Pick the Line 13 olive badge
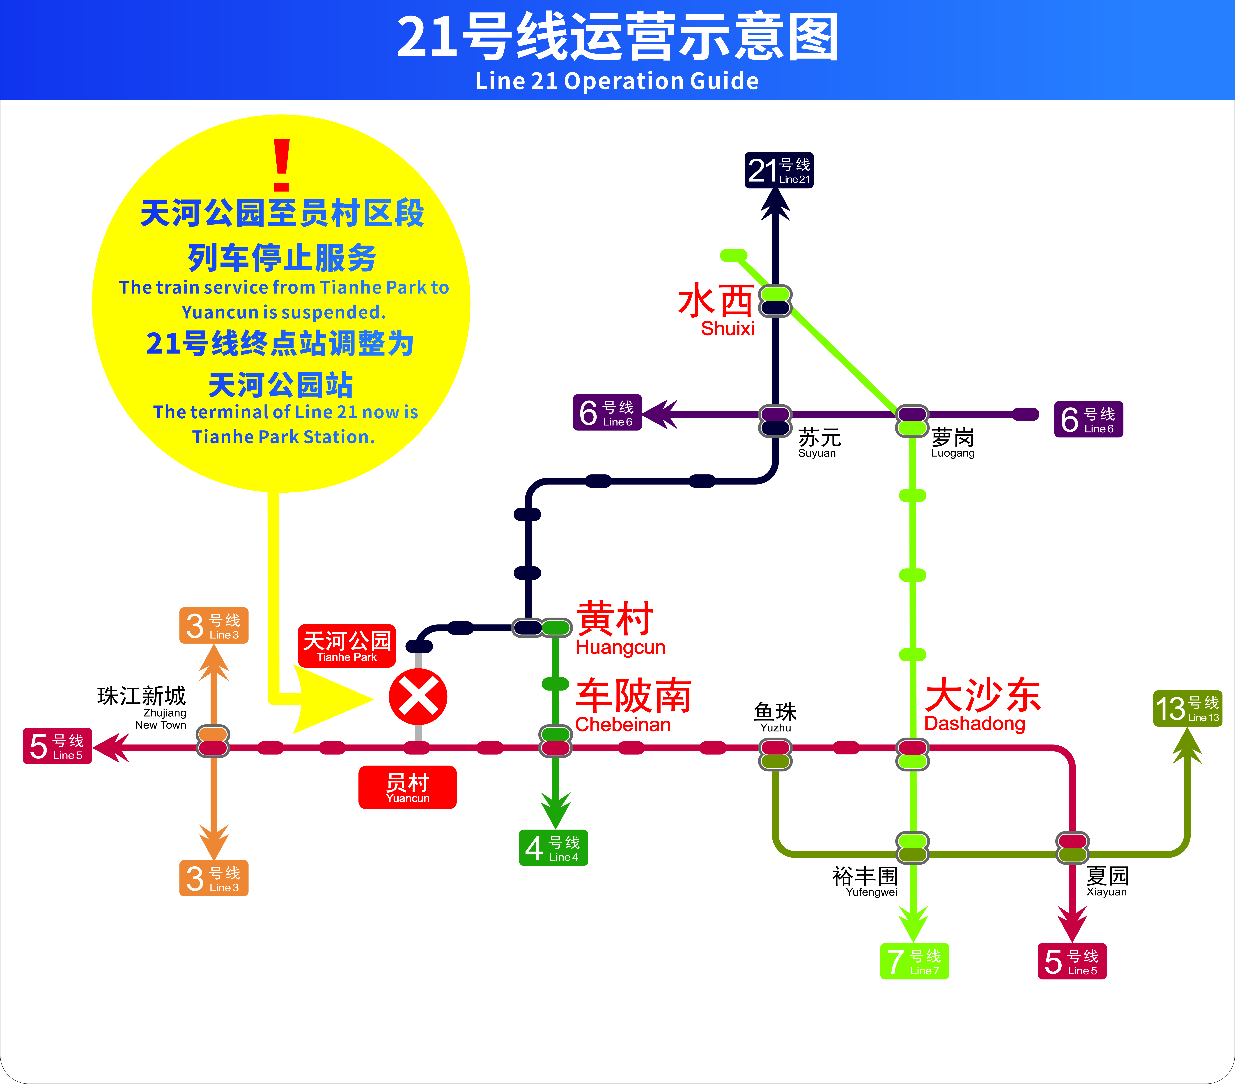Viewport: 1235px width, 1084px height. (x=1187, y=708)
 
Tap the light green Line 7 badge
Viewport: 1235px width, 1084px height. (x=914, y=961)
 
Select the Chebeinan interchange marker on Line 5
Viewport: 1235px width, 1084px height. (x=555, y=748)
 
